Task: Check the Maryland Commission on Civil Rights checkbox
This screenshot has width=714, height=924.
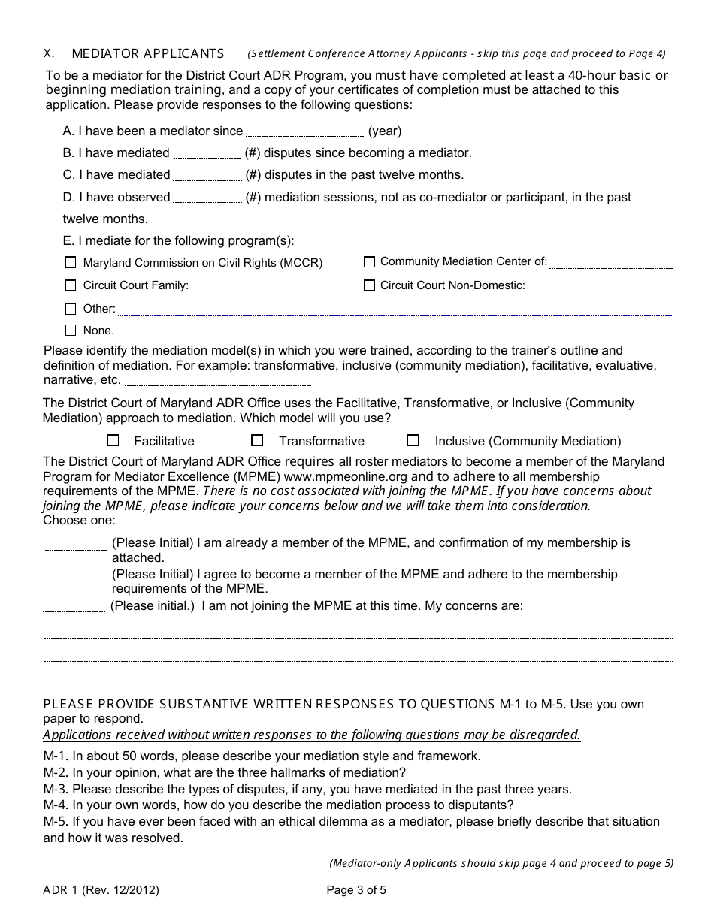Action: [71, 263]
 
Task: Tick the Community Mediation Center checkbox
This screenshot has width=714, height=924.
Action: [369, 262]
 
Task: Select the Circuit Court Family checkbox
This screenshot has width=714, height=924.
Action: [71, 285]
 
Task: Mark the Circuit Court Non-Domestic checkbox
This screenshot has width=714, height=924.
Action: [369, 285]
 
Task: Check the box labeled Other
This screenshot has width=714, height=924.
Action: [71, 309]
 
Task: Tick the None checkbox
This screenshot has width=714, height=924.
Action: [71, 330]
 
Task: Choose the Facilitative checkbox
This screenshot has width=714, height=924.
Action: [113, 441]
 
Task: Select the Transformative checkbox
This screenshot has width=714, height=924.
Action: [257, 440]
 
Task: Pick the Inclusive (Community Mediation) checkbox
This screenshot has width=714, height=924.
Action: [413, 440]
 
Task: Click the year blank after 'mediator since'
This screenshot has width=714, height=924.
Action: [304, 132]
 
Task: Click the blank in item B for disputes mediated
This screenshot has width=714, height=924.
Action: [207, 154]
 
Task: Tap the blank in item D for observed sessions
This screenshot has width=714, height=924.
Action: [207, 198]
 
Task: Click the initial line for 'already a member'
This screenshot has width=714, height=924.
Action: [75, 545]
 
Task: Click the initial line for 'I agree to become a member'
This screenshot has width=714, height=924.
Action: [75, 577]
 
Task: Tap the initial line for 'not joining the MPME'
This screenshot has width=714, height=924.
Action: [74, 608]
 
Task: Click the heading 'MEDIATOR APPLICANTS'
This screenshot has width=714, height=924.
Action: [147, 53]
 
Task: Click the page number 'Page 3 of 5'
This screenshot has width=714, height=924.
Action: [356, 891]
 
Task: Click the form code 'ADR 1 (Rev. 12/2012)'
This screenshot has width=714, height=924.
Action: [101, 891]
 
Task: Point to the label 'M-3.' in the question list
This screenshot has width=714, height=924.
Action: [56, 789]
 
